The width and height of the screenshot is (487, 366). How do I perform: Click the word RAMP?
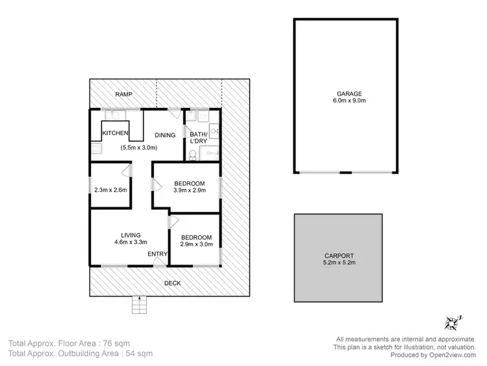pyautogui.click(x=123, y=95)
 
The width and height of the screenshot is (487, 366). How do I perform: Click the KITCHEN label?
pyautogui.click(x=116, y=135)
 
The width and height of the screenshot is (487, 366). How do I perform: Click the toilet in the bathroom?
pyautogui.click(x=193, y=155)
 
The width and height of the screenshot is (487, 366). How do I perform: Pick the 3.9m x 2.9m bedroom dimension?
pyautogui.click(x=190, y=191)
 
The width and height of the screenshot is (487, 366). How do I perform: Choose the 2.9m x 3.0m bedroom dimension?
pyautogui.click(x=195, y=245)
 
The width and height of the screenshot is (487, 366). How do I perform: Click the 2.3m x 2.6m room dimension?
pyautogui.click(x=110, y=190)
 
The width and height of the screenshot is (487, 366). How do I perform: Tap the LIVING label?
pyautogui.click(x=131, y=235)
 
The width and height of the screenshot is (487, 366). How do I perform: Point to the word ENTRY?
pyautogui.click(x=157, y=254)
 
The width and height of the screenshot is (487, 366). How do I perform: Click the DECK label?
pyautogui.click(x=172, y=283)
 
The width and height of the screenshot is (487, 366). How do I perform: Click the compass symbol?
pyautogui.click(x=452, y=322)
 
